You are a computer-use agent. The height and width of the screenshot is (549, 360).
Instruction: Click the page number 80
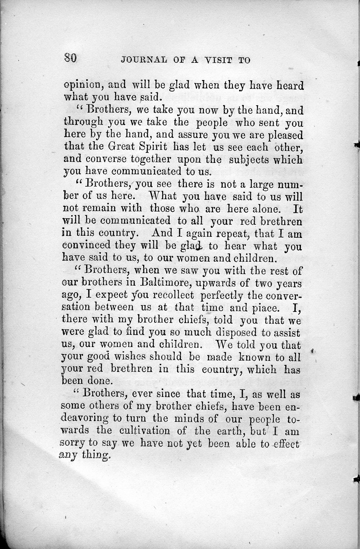pos(70,59)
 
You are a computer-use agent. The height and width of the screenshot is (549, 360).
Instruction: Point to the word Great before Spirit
pos(123,147)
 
